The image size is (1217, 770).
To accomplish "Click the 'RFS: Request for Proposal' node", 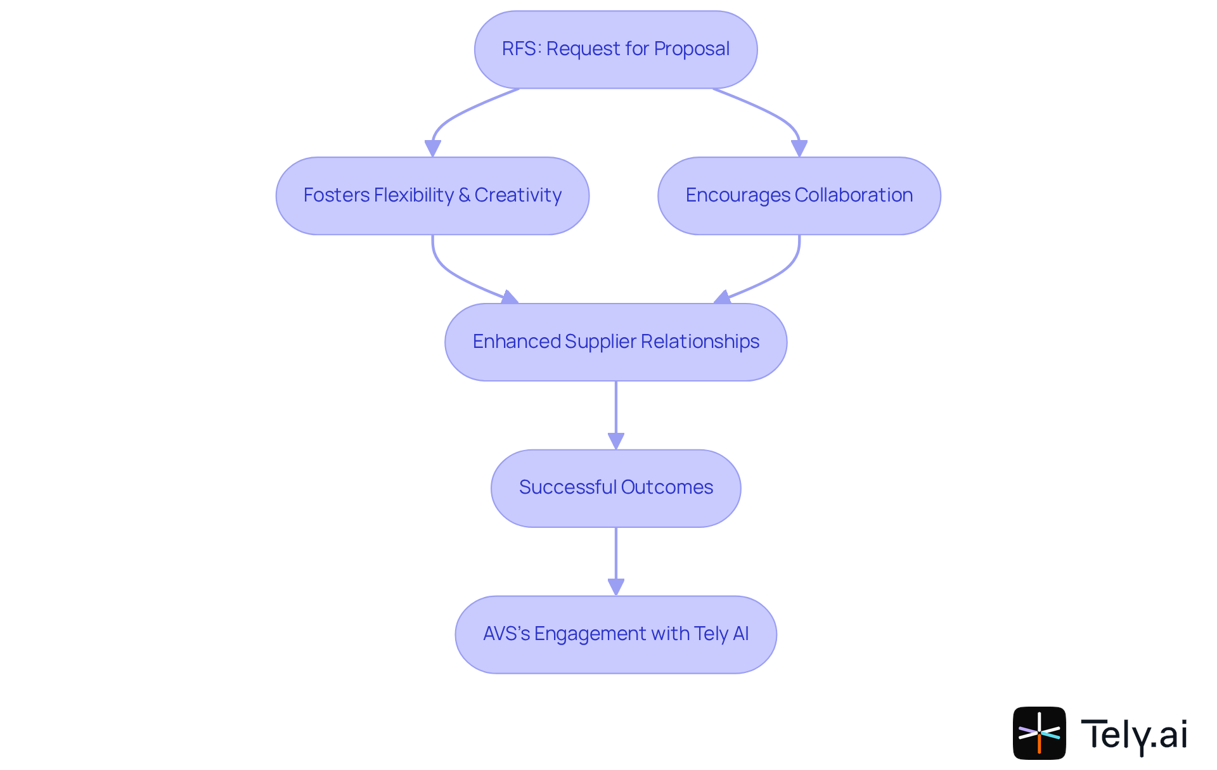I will [615, 49].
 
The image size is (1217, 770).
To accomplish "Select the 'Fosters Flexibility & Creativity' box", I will [432, 196].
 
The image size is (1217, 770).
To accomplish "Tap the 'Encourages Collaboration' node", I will [799, 196].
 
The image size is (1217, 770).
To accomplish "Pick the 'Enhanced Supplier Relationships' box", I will [615, 342].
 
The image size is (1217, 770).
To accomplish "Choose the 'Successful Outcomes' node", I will [615, 488].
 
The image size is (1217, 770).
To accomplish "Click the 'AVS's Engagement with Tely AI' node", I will [615, 634].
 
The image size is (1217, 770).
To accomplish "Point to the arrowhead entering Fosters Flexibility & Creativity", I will [433, 149].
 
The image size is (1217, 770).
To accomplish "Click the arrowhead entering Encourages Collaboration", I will [799, 149].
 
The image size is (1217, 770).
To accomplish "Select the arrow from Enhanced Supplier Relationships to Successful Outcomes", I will [616, 412].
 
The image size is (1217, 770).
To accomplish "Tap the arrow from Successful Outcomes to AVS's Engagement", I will [616, 558].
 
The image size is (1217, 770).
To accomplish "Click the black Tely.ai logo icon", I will [1039, 733].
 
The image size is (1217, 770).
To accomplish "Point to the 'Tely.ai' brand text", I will [1134, 735].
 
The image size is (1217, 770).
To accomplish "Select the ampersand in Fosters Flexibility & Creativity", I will [464, 195].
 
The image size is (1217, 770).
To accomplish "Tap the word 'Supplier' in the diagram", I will [600, 342].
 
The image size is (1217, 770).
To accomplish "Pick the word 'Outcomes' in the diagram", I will [667, 487].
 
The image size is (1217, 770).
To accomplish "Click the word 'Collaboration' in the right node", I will [853, 195].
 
